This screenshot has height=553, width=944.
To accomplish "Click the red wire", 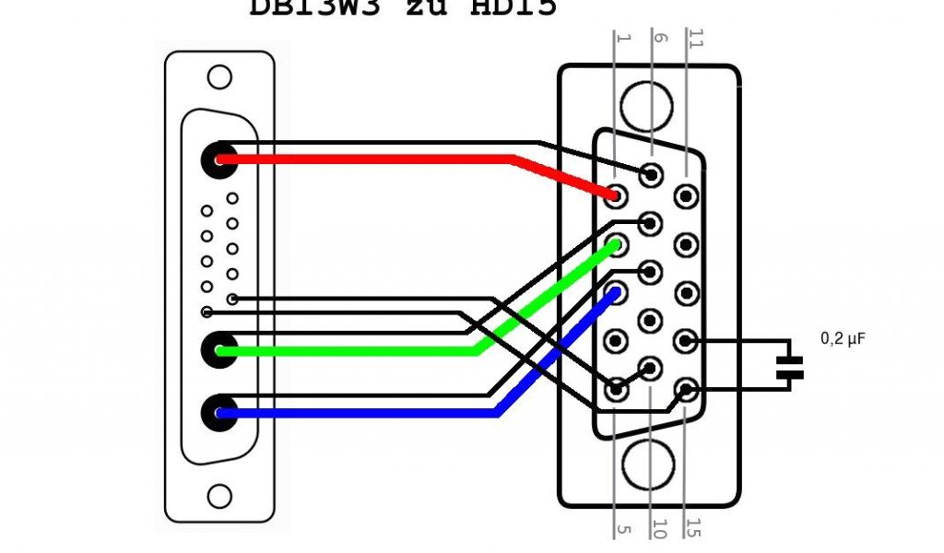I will (369, 159).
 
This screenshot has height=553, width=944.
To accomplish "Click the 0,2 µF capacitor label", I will (844, 339).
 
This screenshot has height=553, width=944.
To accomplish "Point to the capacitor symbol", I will (789, 366).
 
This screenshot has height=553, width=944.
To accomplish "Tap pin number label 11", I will (693, 41).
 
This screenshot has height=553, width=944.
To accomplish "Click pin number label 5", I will (622, 529).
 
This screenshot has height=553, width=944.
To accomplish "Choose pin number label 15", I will (693, 529).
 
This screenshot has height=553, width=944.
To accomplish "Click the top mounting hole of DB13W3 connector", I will (219, 76).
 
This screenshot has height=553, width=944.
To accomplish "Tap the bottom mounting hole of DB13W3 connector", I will (219, 497).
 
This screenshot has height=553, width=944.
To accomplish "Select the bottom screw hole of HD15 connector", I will (649, 465).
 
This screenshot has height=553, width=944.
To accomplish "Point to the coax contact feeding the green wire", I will (219, 350).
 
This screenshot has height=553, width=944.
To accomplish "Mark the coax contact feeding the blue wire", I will (219, 413).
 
